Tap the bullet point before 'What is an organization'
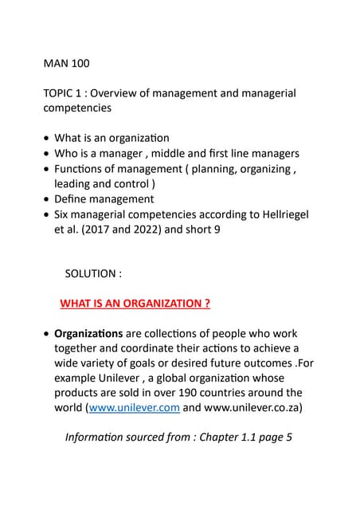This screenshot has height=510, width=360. point(48,139)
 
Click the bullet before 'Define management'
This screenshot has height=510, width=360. point(48,199)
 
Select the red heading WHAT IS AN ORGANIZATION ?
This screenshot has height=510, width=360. point(135,304)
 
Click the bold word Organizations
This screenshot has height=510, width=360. point(88,333)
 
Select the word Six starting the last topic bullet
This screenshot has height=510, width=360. point(64,215)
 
